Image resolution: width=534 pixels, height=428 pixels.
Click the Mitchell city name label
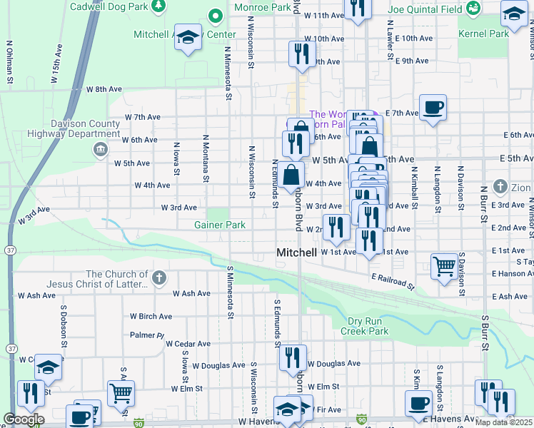(x=296, y=253)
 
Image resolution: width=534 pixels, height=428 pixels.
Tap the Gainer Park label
(x=220, y=225)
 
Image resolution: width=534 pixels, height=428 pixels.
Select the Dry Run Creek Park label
(x=364, y=326)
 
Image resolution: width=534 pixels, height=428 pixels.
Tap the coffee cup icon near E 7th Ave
(x=433, y=108)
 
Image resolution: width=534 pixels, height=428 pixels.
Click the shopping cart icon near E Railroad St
(x=445, y=267)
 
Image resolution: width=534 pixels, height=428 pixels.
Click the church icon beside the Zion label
(x=500, y=187)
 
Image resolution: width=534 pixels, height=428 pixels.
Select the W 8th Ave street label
(x=104, y=90)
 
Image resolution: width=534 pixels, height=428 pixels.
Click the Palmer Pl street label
(x=147, y=335)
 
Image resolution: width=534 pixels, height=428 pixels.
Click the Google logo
(x=24, y=419)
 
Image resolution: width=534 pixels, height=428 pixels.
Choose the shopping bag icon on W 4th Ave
(x=291, y=175)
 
